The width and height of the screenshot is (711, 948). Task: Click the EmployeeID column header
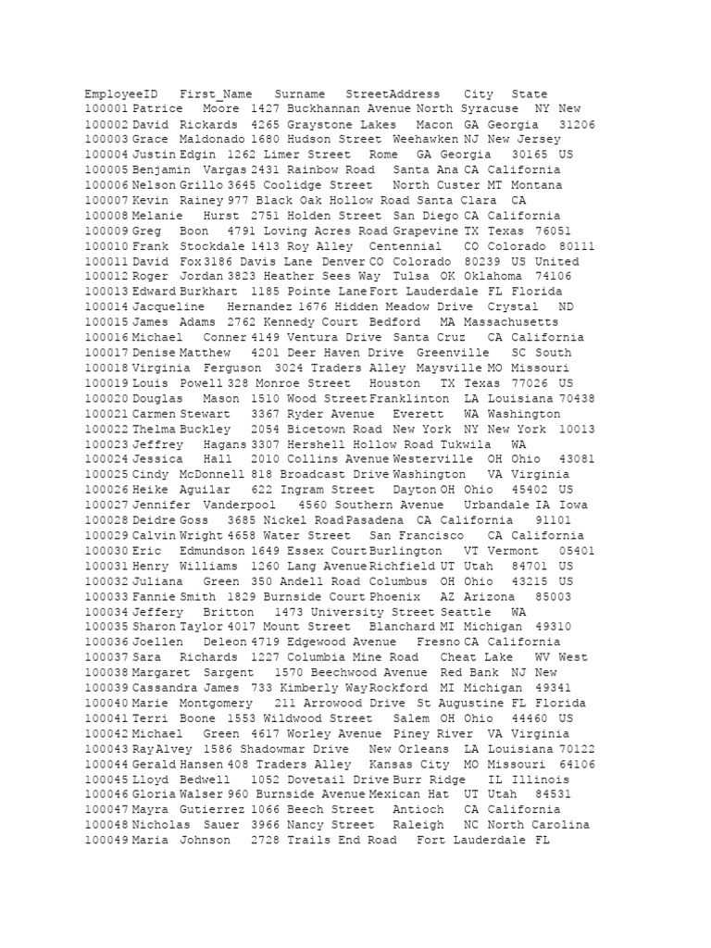pos(121,94)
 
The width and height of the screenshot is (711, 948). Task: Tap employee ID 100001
pos(106,109)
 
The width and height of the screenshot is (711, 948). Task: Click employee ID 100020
pos(106,399)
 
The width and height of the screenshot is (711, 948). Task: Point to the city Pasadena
pos(376,520)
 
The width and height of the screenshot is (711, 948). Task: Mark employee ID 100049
pos(106,841)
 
